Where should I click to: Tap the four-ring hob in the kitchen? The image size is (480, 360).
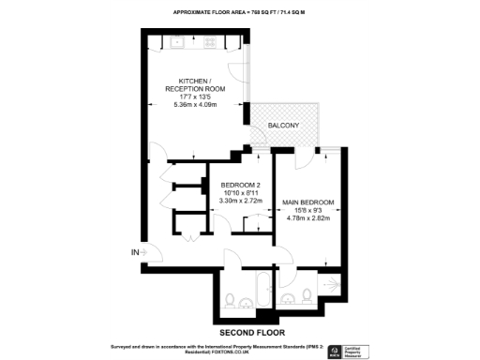point(210,41)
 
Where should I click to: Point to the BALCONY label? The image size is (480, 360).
point(282,126)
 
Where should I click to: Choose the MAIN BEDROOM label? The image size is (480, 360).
point(305,203)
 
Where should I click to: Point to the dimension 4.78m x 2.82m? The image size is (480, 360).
point(305,219)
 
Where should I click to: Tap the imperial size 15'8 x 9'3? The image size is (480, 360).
point(305,212)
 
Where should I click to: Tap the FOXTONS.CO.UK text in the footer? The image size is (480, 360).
point(217,352)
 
